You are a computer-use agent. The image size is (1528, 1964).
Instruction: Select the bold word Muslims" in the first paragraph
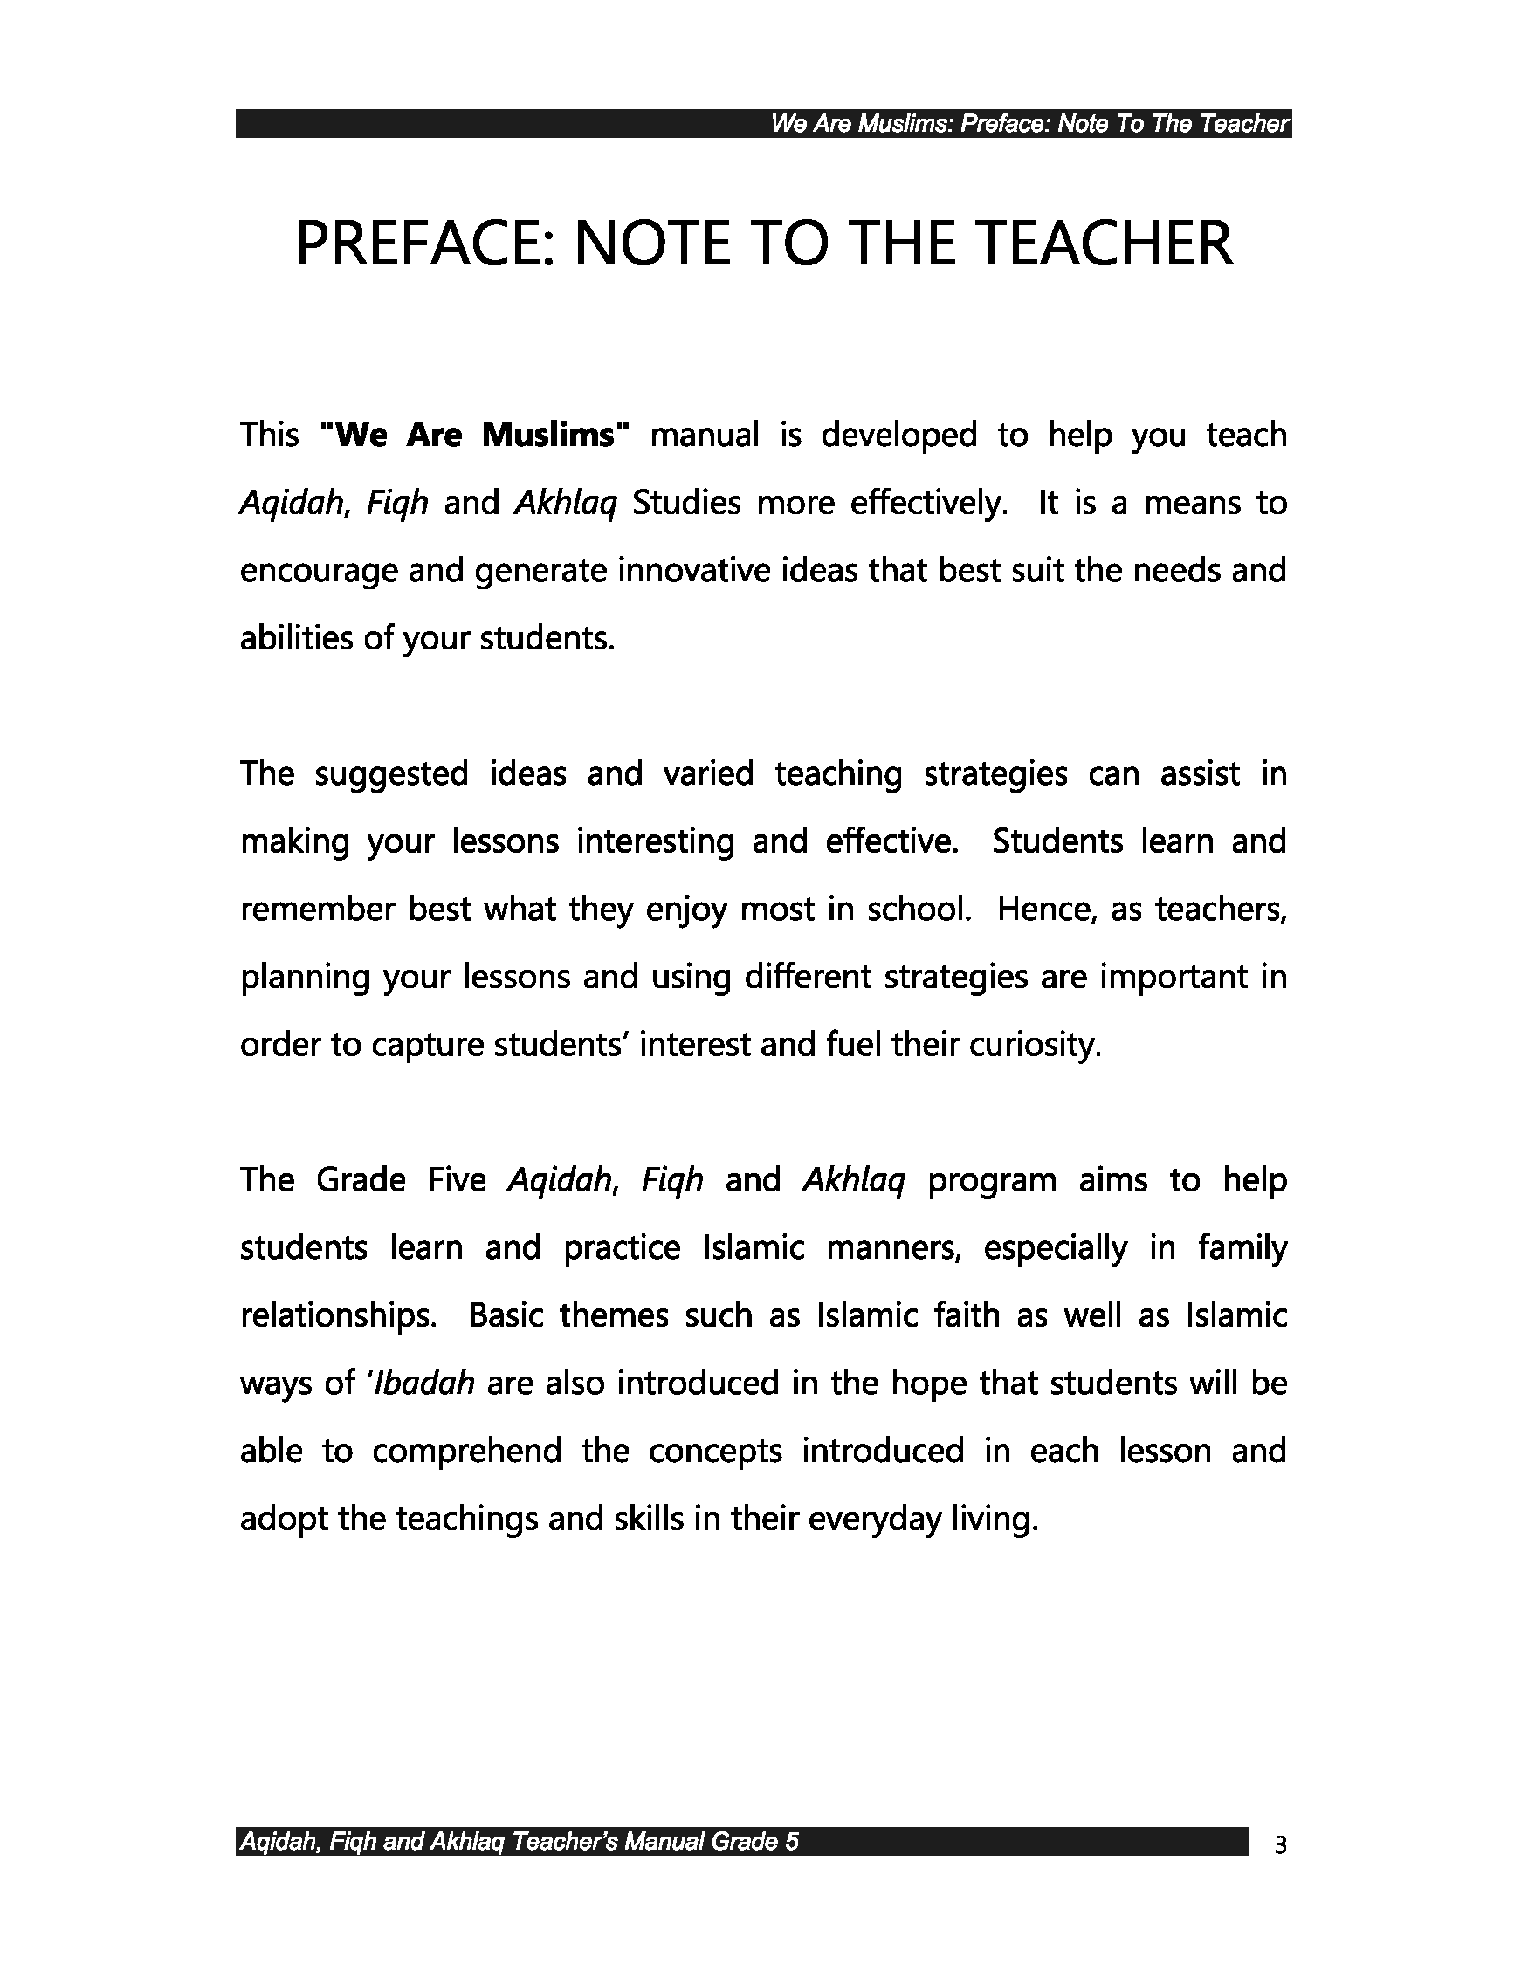(x=555, y=436)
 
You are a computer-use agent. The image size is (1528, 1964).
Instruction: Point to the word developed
(x=898, y=436)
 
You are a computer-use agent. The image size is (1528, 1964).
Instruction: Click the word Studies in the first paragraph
(x=686, y=503)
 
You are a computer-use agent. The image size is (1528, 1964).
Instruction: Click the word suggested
(x=391, y=774)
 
